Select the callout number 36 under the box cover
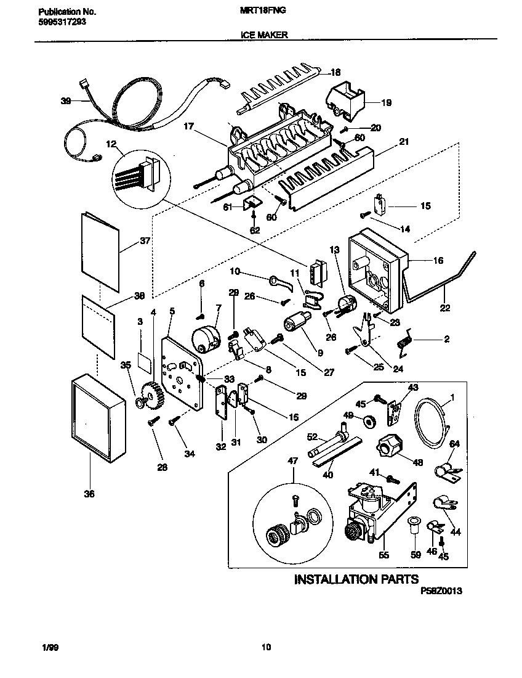[90, 494]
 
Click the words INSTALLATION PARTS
[356, 579]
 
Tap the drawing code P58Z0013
[441, 590]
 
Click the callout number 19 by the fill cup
[386, 102]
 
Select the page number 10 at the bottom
[265, 647]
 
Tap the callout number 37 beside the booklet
[145, 241]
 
